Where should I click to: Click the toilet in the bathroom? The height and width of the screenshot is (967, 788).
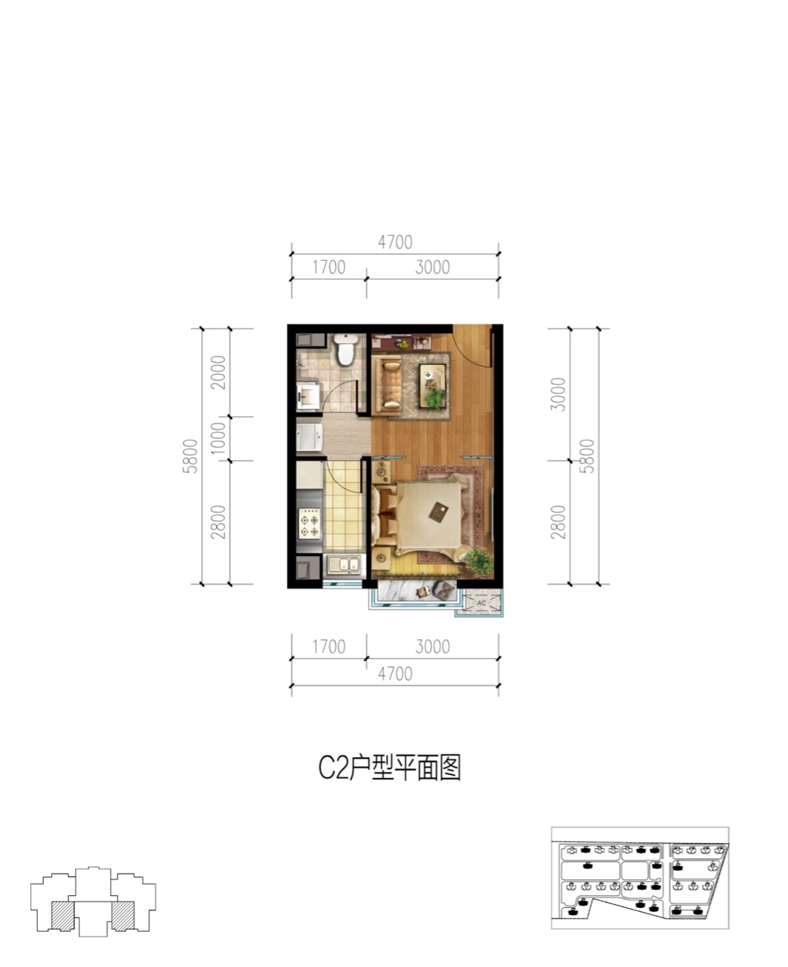345,349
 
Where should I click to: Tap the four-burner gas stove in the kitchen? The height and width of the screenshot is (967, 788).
309,523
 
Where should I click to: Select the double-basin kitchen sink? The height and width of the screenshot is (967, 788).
344,565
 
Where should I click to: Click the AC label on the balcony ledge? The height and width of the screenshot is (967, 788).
481,603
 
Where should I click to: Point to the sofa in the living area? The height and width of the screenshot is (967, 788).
387,384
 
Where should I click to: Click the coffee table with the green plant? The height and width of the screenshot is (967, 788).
433,385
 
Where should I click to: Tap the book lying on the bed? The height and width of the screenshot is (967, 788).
439,512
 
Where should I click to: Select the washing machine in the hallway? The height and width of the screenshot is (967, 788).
309,437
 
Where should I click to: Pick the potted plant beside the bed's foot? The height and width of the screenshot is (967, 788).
479,563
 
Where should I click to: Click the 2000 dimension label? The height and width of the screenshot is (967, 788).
218,372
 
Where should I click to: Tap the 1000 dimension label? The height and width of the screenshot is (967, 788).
218,438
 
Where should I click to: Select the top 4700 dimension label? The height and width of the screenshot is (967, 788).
395,243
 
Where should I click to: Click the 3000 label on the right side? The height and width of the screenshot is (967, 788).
558,394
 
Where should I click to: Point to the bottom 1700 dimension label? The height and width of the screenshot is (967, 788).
329,647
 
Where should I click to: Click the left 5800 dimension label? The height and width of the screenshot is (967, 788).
190,456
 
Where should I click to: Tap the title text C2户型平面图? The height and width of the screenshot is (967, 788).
389,768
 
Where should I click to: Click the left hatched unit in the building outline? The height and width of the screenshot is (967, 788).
63,915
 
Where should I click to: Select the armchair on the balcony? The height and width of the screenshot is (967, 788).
444,591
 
